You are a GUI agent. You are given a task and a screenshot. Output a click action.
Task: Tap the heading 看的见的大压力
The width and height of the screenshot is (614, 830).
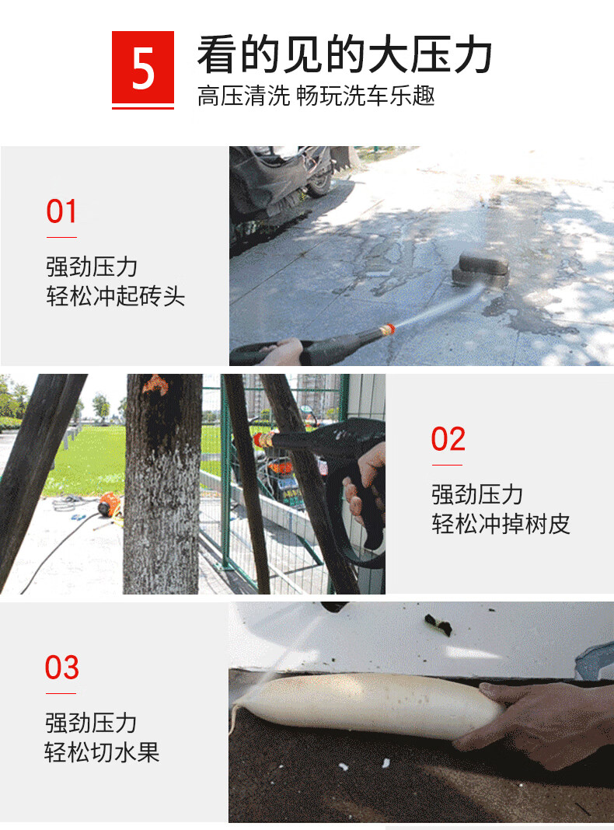pos(344,54)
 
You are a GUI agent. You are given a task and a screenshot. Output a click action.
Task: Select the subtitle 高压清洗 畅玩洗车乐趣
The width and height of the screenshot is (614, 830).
pos(316,96)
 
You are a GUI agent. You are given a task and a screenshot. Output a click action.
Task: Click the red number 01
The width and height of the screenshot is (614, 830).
pos(61,211)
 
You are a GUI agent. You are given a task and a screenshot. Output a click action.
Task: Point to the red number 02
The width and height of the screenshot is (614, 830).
pos(448,439)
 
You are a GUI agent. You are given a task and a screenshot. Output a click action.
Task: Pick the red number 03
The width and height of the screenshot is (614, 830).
pos(62,667)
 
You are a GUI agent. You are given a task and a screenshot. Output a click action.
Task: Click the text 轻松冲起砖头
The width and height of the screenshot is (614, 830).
pos(115,296)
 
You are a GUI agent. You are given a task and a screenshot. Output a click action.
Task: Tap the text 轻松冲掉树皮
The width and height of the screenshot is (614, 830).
pos(501,524)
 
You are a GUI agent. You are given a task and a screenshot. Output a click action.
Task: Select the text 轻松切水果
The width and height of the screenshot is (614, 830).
pos(102,752)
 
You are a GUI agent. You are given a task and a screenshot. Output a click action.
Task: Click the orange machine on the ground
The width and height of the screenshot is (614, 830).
pos(109,505)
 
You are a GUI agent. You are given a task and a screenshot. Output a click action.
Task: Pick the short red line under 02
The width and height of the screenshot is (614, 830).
pos(447,466)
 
